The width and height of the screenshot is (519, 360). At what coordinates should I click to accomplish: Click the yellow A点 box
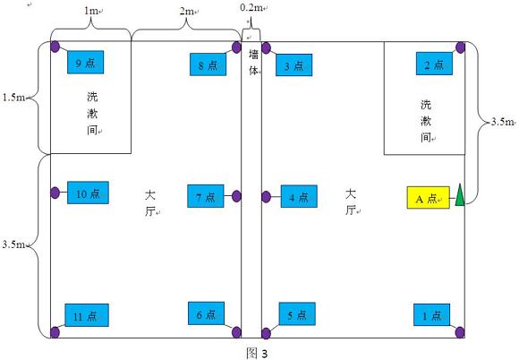428,198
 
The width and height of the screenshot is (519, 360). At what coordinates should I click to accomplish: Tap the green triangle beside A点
460,196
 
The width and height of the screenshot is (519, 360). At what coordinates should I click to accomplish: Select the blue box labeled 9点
85,63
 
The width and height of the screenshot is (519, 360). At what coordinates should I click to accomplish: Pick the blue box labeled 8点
208,64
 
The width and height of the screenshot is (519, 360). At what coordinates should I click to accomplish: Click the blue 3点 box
294,64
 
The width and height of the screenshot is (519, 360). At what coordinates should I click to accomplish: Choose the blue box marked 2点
434,64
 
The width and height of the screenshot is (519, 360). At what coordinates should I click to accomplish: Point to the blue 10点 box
88,193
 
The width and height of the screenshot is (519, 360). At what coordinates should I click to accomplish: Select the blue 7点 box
206,196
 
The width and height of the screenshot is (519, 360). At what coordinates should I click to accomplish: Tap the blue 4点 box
299,196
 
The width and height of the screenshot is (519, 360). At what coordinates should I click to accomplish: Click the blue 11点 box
87,315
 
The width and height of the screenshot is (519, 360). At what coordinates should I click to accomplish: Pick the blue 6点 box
206,313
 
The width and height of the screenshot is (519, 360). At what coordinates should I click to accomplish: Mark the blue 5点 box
297,314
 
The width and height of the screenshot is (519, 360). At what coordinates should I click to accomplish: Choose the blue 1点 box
431,314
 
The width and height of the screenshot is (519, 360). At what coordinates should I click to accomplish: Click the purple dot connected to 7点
236,196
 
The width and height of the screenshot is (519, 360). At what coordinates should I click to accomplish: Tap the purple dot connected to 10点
55,193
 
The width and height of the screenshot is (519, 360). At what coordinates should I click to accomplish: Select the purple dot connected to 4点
266,197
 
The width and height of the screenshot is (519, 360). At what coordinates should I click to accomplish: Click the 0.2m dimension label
252,8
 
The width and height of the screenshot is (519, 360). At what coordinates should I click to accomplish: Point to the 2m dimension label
187,12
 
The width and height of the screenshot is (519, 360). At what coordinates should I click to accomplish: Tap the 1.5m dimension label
13,98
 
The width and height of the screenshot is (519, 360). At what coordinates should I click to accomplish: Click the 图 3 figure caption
257,353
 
